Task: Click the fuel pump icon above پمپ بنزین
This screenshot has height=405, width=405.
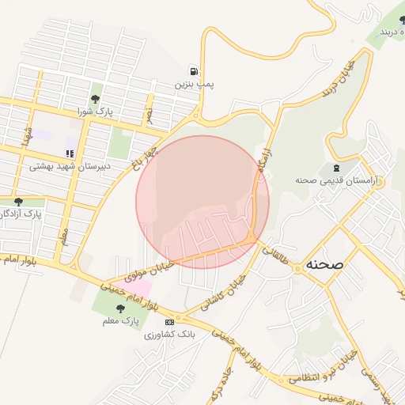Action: (x=195, y=70)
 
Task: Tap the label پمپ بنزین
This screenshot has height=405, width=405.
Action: (x=195, y=83)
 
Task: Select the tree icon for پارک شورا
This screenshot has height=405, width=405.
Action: (x=96, y=99)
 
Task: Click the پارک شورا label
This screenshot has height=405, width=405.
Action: (x=96, y=112)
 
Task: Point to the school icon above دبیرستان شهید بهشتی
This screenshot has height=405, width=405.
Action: (x=70, y=153)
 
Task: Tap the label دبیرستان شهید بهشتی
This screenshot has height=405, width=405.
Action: (x=70, y=167)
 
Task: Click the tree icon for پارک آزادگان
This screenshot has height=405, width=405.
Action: (x=18, y=202)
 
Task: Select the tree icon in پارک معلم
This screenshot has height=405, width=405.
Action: (x=120, y=309)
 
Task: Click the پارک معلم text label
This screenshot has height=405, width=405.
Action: (x=120, y=322)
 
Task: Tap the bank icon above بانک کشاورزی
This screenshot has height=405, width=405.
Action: (x=169, y=323)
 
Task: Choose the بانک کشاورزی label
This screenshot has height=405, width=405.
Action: (x=169, y=335)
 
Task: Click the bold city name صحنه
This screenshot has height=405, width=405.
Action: (x=323, y=266)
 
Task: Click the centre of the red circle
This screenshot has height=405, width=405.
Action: (x=202, y=202)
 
